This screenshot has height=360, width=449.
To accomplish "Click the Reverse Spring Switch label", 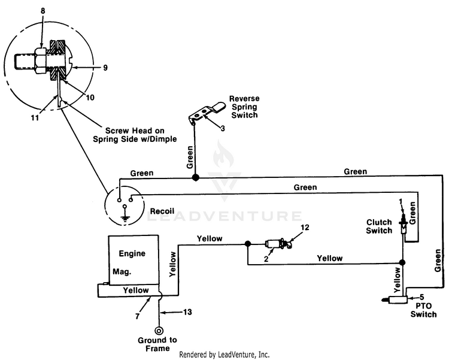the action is click(244, 107).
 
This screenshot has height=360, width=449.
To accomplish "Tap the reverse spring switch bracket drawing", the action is click(205, 112).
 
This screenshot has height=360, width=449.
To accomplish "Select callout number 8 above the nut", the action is click(43, 11).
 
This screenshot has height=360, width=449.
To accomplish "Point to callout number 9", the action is click(105, 68).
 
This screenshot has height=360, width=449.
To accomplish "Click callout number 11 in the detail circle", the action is click(35, 118).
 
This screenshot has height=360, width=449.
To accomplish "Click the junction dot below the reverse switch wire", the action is click(195, 178).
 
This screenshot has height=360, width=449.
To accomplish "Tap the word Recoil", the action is click(162, 211).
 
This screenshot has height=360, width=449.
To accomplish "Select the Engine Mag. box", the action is click(134, 260).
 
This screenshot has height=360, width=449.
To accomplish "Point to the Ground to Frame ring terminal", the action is click(159, 331).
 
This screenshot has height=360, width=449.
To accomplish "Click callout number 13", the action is click(187, 312).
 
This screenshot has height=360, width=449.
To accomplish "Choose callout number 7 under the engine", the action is click(138, 316).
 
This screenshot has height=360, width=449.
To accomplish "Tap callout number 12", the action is click(305, 228).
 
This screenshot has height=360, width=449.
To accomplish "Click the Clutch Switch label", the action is click(379, 226).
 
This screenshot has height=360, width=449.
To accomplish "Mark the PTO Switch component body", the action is click(395, 300).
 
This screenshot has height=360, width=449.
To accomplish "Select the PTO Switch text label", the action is click(423, 310).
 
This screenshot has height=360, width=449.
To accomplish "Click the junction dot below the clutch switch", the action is click(402, 262).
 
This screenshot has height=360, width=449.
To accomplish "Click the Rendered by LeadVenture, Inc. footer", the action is click(224, 355).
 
